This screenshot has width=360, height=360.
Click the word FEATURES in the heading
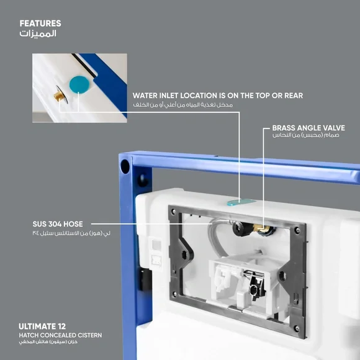(40, 24)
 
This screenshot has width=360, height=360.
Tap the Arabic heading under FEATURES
(38, 34)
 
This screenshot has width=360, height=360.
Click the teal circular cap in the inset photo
(79, 84)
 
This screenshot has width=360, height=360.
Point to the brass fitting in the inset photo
(59, 96)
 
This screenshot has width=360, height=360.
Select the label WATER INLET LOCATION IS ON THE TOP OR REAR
(218, 96)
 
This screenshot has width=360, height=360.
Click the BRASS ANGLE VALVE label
(308, 128)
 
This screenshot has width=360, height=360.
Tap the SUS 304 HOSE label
(58, 224)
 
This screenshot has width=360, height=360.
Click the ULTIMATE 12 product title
(42, 326)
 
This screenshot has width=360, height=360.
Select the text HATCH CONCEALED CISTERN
(60, 335)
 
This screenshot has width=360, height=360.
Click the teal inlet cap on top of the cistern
(241, 202)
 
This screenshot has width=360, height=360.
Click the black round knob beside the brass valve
(240, 228)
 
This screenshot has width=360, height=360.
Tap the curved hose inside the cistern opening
(215, 236)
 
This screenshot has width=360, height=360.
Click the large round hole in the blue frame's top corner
(125, 166)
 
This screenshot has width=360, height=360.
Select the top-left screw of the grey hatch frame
(174, 211)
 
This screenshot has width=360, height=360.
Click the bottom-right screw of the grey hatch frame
(297, 329)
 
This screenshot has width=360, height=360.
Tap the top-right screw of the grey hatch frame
(297, 230)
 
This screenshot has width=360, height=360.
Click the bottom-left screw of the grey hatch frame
(174, 294)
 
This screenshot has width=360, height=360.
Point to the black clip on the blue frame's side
(145, 279)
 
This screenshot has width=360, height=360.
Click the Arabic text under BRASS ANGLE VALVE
(306, 135)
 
